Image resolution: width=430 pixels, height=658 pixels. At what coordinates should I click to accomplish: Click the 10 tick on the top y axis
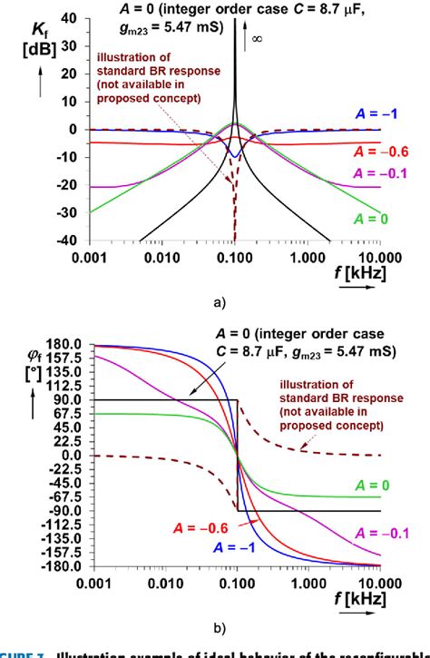[70, 100]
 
